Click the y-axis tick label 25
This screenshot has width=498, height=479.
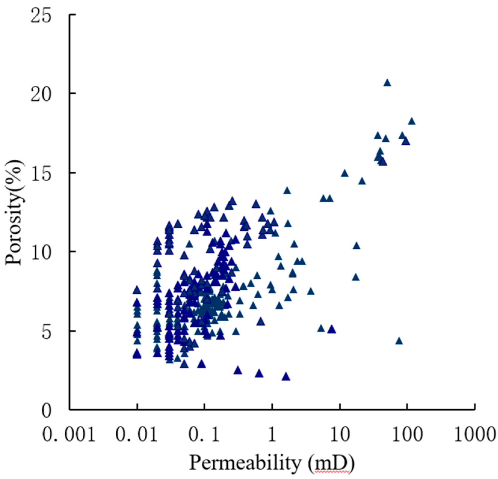[x=40, y=15]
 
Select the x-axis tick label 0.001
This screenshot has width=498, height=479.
[x=69, y=434]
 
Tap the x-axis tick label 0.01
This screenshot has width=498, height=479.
[x=137, y=434]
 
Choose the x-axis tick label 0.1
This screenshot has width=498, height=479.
[x=204, y=434]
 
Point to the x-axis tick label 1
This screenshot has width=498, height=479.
[x=272, y=434]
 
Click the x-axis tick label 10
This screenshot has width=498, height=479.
[x=340, y=434]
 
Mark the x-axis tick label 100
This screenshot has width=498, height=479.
[x=407, y=434]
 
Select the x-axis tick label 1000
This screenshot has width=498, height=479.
[x=475, y=434]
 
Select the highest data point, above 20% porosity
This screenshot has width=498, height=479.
[x=387, y=83]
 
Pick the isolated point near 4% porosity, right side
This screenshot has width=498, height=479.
[x=399, y=341]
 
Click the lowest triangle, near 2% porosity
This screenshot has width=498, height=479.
[x=286, y=377]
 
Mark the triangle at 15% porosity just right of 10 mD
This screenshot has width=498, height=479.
[x=345, y=173]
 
